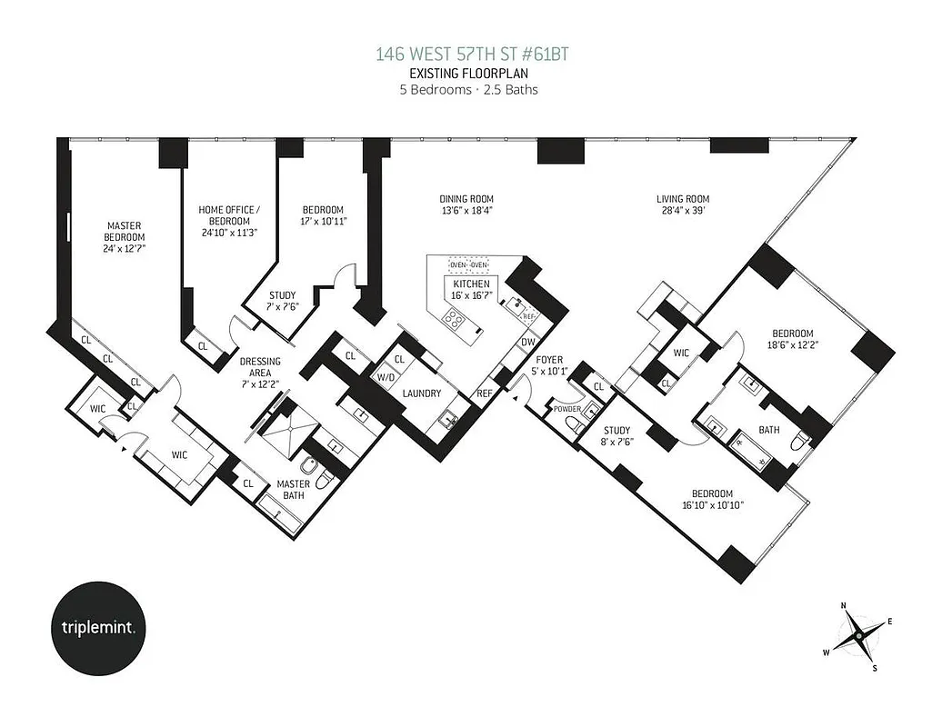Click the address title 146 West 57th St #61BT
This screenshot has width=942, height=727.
470,55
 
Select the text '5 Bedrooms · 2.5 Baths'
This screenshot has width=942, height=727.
470,89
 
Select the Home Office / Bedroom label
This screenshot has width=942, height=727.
229,215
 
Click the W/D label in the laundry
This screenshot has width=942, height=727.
386,376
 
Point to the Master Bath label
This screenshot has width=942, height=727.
294,490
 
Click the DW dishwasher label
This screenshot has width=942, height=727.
527,343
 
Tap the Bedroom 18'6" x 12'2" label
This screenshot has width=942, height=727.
793,339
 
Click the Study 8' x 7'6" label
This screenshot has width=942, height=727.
616,437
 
